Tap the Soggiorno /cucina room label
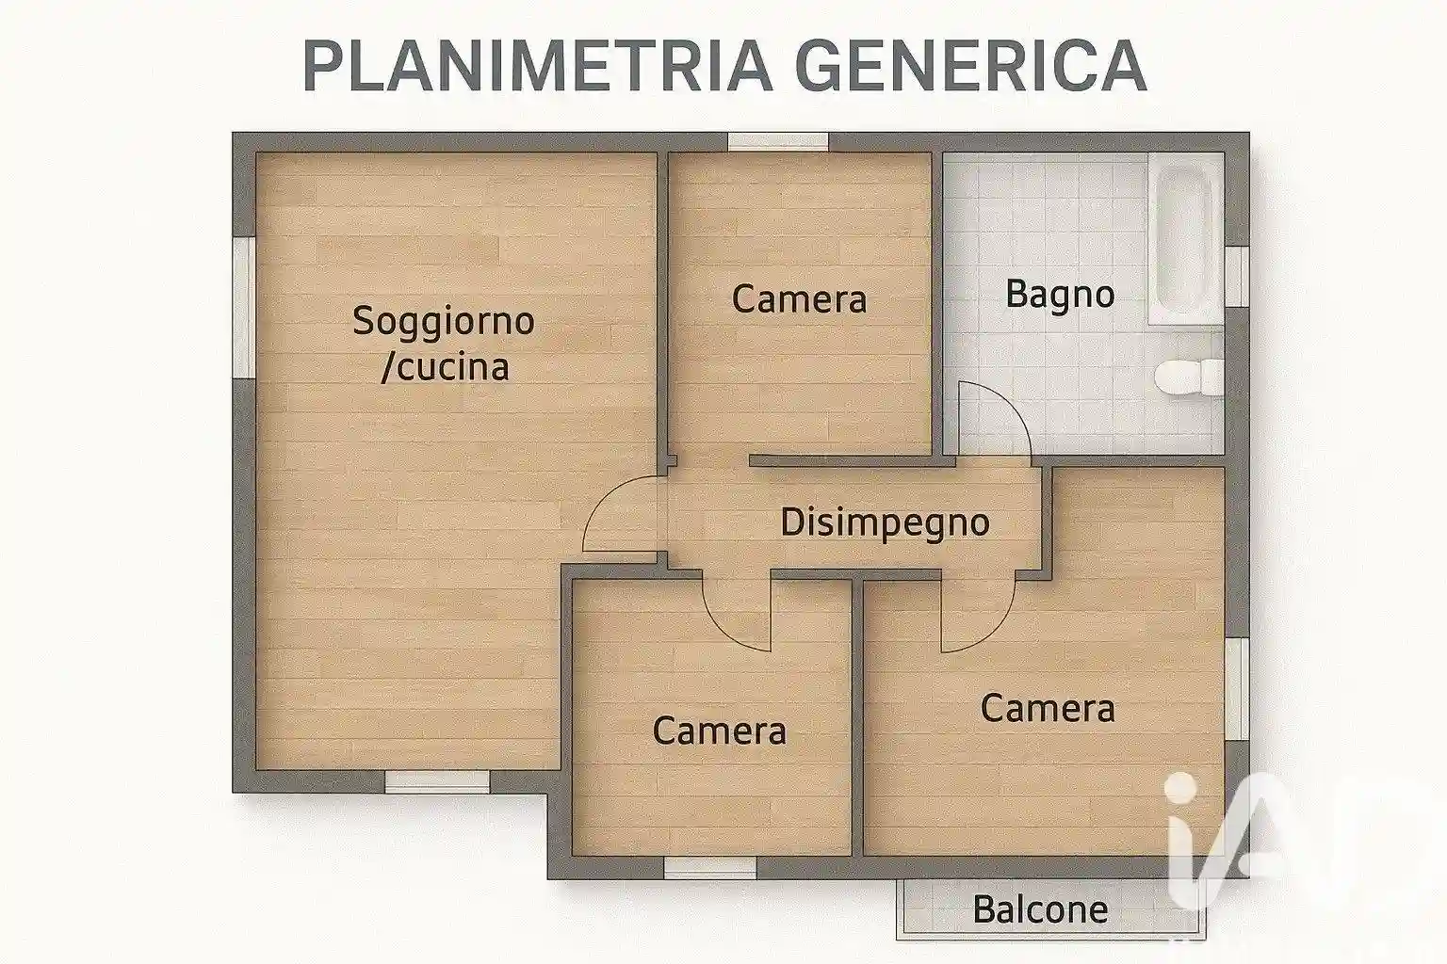[x=444, y=343]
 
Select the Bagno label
[x=1060, y=294]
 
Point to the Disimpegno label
[x=885, y=522]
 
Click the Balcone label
[x=1040, y=909]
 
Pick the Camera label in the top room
[x=799, y=299]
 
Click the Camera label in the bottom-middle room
[x=719, y=731]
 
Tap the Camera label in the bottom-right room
[x=1048, y=708]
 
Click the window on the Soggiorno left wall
[x=243, y=307]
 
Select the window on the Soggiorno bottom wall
[x=437, y=780]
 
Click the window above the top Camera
[x=777, y=142]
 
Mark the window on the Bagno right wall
[x=1237, y=277]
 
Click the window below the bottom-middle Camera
[x=709, y=867]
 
